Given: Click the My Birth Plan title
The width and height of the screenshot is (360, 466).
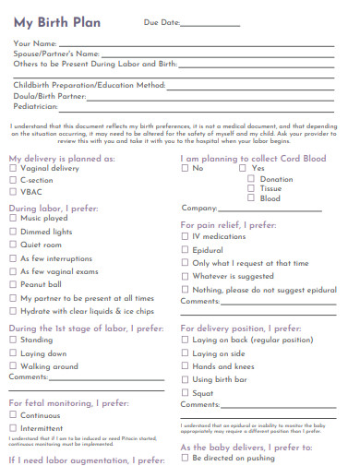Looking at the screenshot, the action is (57, 21).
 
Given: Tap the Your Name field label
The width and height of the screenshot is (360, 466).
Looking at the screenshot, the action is (35, 43).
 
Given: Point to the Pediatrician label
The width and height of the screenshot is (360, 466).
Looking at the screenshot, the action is (36, 107).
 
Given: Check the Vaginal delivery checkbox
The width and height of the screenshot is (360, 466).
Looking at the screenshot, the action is (13, 169).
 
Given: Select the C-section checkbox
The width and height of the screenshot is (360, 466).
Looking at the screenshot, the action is (13, 181).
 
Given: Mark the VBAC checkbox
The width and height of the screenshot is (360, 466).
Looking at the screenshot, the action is (13, 193).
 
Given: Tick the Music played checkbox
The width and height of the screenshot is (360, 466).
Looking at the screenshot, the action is (13, 219).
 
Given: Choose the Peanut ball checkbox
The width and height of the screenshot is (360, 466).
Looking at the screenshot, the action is (13, 285).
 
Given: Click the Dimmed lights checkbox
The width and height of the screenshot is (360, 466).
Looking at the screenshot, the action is (13, 232).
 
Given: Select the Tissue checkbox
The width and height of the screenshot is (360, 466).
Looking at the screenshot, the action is (250, 188).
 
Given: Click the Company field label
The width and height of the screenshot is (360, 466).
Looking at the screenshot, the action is (199, 208).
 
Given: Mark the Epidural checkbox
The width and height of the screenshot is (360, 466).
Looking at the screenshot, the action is (185, 250).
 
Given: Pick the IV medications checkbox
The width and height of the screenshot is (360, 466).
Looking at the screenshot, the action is (185, 237).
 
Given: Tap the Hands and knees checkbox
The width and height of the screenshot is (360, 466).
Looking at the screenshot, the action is (185, 366).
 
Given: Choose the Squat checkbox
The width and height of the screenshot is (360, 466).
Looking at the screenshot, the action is (185, 392).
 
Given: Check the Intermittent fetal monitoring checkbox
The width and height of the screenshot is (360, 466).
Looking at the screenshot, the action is (13, 428).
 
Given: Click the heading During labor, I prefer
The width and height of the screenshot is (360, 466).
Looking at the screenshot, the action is (51, 208).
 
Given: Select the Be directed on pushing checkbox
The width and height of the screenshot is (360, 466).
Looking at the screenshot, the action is (185, 458).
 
